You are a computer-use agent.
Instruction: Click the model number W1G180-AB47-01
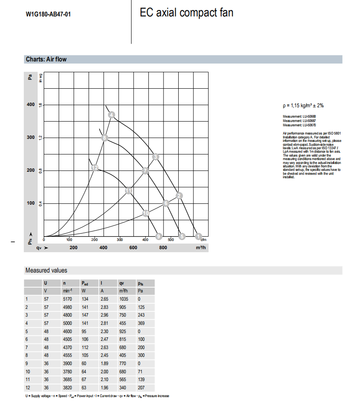48,14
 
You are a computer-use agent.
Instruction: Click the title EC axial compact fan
186,13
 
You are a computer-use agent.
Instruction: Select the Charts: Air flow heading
46,59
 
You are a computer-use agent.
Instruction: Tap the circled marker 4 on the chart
112,115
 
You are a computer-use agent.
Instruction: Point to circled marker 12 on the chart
95,167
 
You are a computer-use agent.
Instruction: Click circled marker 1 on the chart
199,236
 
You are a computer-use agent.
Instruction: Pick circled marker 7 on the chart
145,171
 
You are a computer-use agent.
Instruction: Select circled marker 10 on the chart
146,213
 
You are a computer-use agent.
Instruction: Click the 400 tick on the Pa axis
30,105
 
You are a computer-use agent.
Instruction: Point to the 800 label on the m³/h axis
163,247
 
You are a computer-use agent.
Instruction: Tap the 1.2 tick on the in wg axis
40,138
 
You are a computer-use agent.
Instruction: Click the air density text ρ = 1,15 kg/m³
303,105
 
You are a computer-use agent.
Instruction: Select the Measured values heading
46,270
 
